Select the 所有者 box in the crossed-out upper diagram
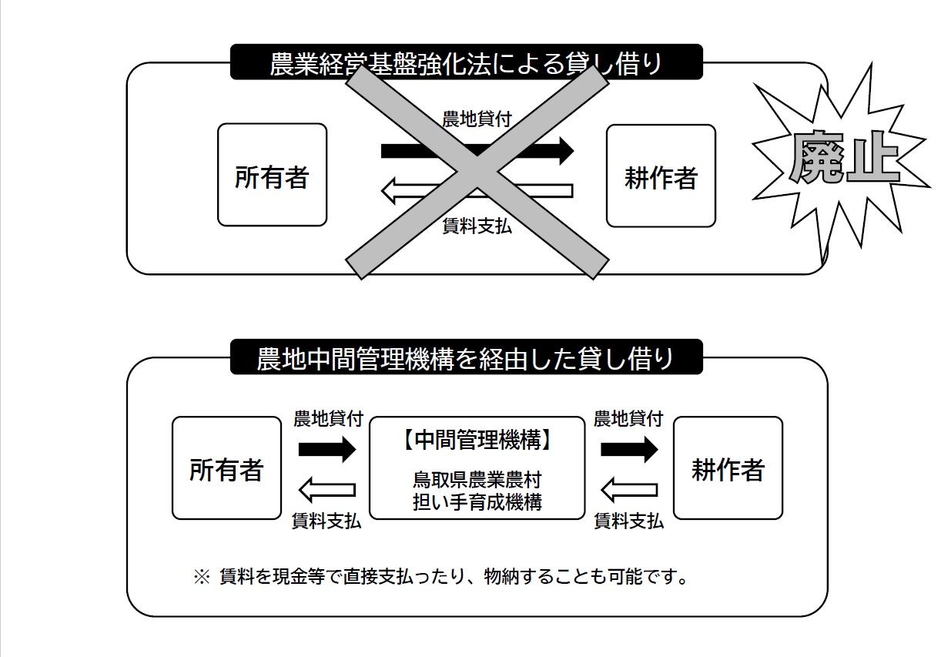272,176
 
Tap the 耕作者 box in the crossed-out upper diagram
661,176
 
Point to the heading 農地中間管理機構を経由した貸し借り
466,358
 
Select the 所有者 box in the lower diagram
226,468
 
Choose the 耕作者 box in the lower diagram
728,468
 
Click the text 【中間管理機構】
477,441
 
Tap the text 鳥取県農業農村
477,481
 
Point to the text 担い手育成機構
477,502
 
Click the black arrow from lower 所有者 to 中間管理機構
326,447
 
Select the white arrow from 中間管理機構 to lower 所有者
326,488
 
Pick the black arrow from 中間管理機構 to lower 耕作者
629,447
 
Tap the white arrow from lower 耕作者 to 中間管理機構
629,488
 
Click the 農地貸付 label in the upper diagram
477,119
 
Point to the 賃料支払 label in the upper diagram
477,226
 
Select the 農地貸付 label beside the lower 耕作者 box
628,419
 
